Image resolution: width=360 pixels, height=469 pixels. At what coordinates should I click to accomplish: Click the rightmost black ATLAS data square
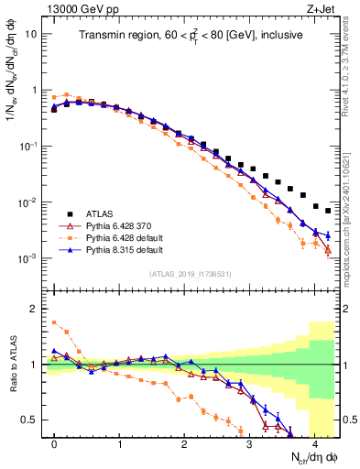327,211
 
